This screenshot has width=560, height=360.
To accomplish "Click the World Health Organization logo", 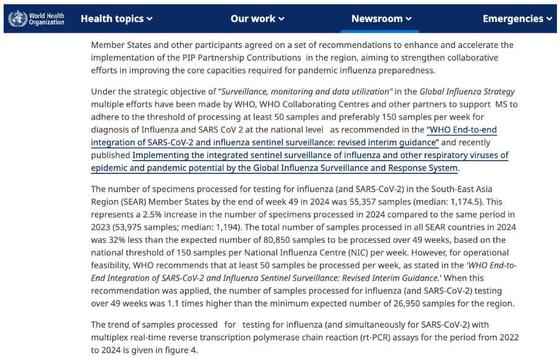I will [36, 19].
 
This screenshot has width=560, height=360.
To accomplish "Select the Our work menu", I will [257, 19].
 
